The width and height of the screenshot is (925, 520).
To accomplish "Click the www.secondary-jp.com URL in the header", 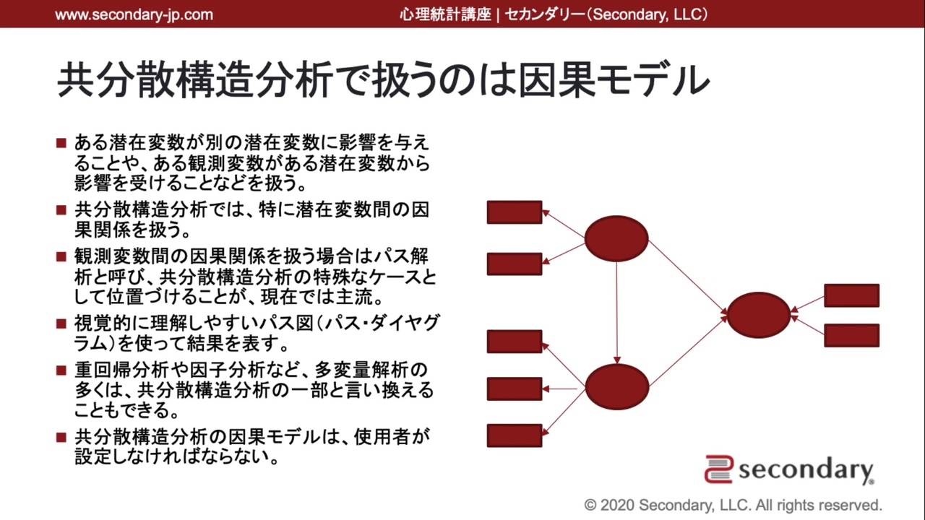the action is [x=134, y=15].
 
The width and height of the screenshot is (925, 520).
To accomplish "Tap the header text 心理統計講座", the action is [x=445, y=14].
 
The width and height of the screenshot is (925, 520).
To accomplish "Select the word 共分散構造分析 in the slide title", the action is [x=194, y=79].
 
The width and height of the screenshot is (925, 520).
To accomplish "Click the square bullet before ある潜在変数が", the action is [x=61, y=143].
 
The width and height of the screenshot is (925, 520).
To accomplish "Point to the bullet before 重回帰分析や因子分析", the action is [x=61, y=370].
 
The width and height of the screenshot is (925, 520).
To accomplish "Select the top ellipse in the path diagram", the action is [x=616, y=238].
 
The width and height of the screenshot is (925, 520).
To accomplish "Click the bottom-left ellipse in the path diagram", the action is [x=617, y=386].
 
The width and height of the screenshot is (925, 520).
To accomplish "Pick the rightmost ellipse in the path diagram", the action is [x=759, y=315].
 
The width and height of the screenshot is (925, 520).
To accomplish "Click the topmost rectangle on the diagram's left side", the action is [x=515, y=212].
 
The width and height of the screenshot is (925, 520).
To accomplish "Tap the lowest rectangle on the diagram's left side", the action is [x=515, y=435].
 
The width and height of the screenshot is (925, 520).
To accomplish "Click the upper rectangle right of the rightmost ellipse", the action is [x=852, y=295].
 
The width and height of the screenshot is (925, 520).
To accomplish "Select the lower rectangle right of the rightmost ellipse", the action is [x=852, y=336].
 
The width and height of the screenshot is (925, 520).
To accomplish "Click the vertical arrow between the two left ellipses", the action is [x=617, y=313].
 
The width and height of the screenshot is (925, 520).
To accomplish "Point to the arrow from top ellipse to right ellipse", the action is [x=688, y=277].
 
